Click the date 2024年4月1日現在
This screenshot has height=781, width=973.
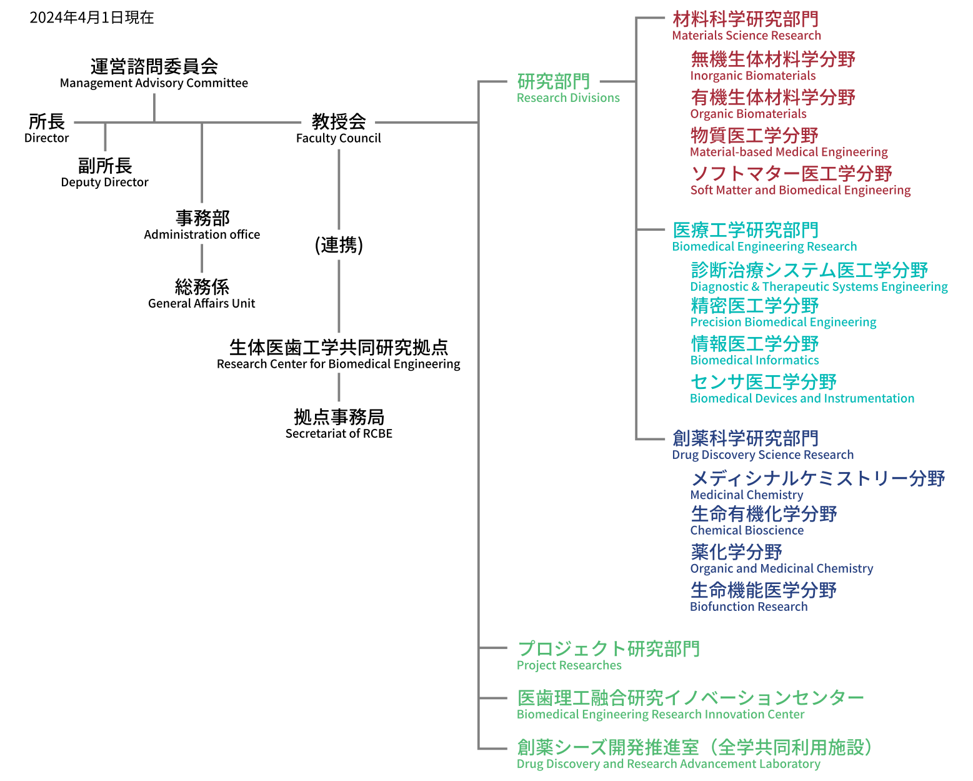pyautogui.click(x=92, y=18)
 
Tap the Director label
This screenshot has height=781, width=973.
pyautogui.click(x=47, y=128)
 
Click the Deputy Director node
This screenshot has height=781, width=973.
pyautogui.click(x=105, y=173)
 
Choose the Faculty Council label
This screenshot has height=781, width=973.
pyautogui.click(x=339, y=128)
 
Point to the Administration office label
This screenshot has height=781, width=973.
pyautogui.click(x=202, y=225)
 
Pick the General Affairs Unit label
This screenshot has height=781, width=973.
pyautogui.click(x=202, y=294)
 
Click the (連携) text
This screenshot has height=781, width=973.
pyautogui.click(x=339, y=244)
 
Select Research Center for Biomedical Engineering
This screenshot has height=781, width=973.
pyautogui.click(x=339, y=355)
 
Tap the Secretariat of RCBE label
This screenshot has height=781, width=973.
pyautogui.click(x=339, y=424)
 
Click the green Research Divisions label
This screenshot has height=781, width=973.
pyautogui.click(x=568, y=88)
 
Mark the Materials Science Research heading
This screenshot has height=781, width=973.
pyautogui.click(x=746, y=26)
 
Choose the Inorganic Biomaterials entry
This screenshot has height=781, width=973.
pyautogui.click(x=772, y=66)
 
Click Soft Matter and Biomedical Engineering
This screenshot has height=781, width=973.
pyautogui.click(x=800, y=181)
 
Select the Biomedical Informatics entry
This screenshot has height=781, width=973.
pyautogui.click(x=755, y=351)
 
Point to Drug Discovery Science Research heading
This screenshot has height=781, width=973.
pyautogui.click(x=762, y=445)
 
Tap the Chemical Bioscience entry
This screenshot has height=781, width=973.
pyautogui.click(x=763, y=521)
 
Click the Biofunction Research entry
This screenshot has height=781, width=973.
pyautogui.click(x=763, y=597)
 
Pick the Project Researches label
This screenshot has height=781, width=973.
pyautogui.click(x=608, y=655)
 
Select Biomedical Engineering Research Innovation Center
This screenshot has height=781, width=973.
pyautogui.click(x=690, y=705)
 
